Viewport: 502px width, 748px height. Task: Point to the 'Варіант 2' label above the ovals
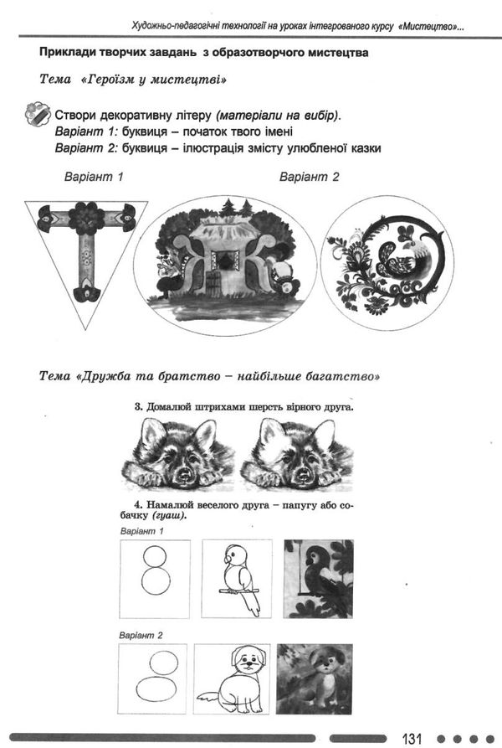309,177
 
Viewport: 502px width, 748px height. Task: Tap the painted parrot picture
318,578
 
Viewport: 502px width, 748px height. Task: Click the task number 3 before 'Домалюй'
138,407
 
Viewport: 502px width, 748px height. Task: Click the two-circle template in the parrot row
155,578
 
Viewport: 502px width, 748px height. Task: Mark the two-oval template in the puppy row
153,678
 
